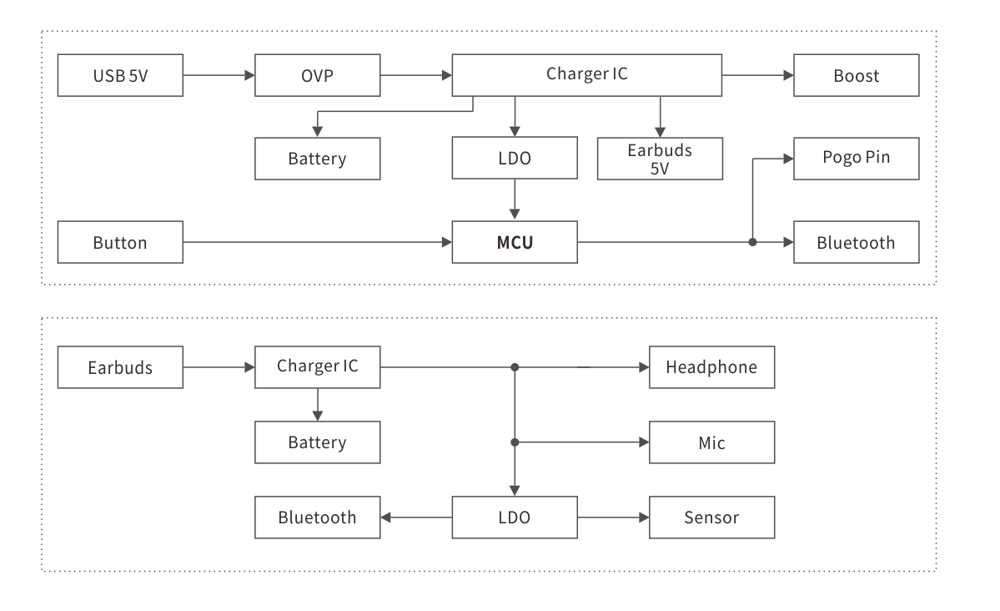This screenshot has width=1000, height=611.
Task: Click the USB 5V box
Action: (120, 75)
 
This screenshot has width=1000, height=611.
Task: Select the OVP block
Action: (317, 75)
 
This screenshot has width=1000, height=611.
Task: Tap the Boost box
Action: (856, 75)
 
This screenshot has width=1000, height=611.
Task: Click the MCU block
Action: (514, 242)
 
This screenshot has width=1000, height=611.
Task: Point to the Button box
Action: (120, 242)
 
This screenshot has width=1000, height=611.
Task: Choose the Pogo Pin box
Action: (856, 158)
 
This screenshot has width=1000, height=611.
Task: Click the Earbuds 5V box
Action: (660, 158)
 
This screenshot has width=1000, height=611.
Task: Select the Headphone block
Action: (711, 367)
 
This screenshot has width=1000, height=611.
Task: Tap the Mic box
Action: (711, 442)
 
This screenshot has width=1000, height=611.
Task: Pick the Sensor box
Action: (711, 518)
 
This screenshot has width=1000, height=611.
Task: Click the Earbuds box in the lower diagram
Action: (120, 367)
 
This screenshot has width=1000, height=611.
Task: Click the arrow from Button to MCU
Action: (317, 242)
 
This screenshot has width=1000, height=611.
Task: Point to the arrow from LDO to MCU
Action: (515, 199)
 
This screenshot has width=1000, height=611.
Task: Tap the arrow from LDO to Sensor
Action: (613, 518)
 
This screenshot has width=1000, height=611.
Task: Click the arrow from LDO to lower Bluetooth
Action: (416, 518)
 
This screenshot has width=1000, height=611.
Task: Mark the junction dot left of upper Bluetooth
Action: (752, 242)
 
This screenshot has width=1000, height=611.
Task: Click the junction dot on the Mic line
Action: (515, 442)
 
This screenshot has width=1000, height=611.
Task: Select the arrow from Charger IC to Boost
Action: (757, 75)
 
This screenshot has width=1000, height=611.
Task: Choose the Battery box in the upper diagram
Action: (317, 158)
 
